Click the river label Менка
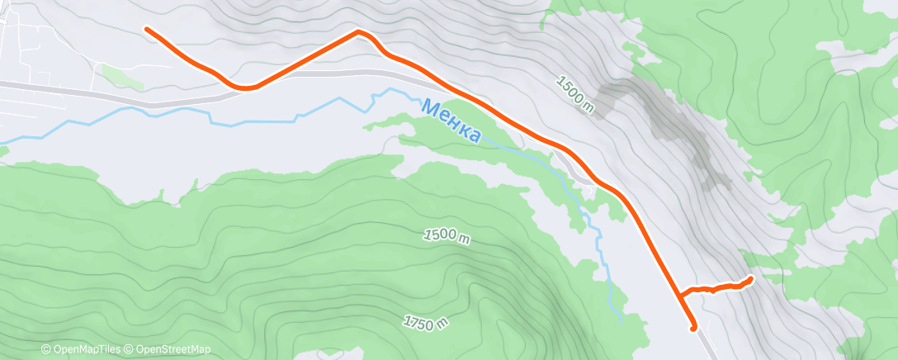click(x=451, y=121)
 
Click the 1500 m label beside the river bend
click(x=447, y=236)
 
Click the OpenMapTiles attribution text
click(x=87, y=350)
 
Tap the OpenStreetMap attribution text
click(x=173, y=350)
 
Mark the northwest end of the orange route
click(x=147, y=29)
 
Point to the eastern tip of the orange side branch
click(x=750, y=278)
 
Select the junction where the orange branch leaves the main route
click(x=678, y=294)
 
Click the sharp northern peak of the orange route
click(x=358, y=31)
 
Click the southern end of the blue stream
click(x=621, y=316)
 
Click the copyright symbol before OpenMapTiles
click(x=45, y=350)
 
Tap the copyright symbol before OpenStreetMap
click(x=130, y=350)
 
